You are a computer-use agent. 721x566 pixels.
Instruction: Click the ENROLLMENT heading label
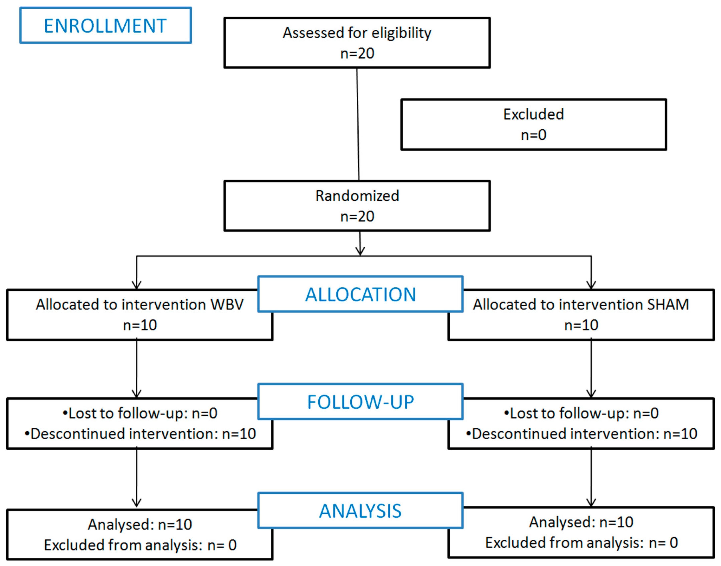pyautogui.click(x=105, y=26)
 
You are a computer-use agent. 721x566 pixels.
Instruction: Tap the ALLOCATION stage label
pyautogui.click(x=360, y=295)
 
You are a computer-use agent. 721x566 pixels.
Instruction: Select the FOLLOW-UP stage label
pyautogui.click(x=360, y=402)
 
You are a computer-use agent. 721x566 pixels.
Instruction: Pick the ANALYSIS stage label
pyautogui.click(x=360, y=511)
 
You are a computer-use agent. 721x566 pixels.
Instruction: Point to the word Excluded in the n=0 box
pyautogui.click(x=533, y=114)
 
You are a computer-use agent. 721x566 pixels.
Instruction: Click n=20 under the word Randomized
pyautogui.click(x=357, y=216)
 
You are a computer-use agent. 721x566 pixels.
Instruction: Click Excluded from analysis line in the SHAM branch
pyautogui.click(x=581, y=542)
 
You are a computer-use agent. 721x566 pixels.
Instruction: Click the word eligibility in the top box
pyautogui.click(x=401, y=33)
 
